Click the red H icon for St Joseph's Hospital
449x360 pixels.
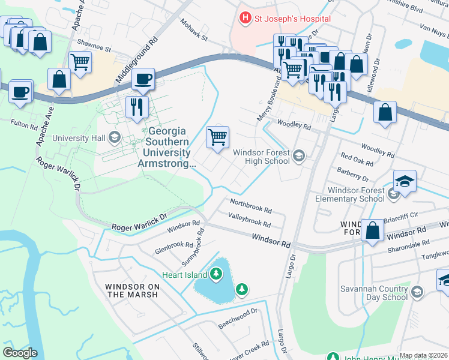point(245,19)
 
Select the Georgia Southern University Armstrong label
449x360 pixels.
point(167,147)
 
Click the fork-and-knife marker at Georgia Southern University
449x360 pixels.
point(137,106)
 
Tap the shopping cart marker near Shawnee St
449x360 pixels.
point(80,61)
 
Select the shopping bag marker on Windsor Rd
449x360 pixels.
point(372,230)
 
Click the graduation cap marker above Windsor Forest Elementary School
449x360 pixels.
point(405,181)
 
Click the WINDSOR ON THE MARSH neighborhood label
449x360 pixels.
point(131,290)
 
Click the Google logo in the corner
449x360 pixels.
point(20,352)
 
